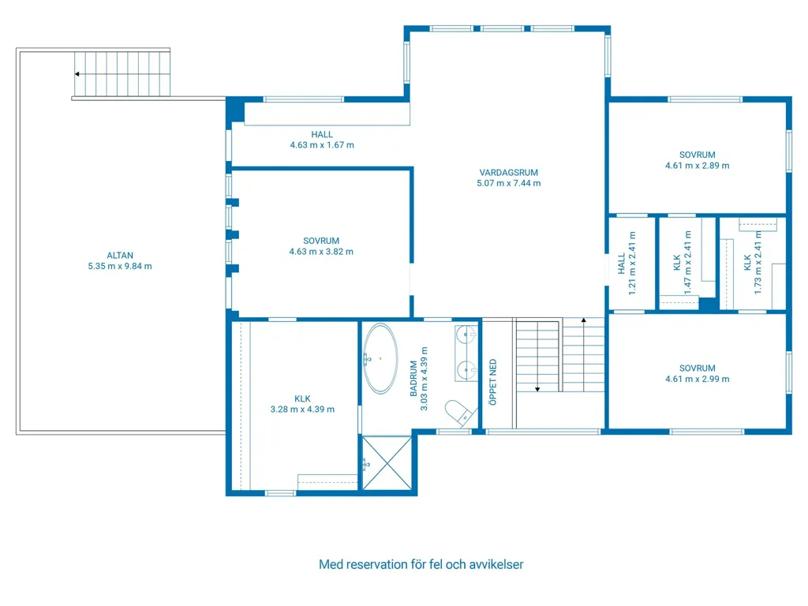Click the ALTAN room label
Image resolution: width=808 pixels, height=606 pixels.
point(120,255)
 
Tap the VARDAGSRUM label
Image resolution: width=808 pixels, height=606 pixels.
point(509,173)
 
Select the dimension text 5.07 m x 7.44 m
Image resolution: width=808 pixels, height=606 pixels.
point(509,183)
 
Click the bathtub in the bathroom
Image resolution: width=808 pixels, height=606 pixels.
point(380,359)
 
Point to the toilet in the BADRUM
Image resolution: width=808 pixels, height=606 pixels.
point(458,412)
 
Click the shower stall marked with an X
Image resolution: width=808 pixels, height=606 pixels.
point(387,463)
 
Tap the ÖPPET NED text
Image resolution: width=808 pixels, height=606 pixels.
point(493,382)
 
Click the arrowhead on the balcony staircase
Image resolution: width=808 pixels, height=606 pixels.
point(77,74)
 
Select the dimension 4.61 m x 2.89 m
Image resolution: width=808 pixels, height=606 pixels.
point(698,166)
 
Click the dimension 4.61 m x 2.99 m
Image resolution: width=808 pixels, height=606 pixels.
point(698,380)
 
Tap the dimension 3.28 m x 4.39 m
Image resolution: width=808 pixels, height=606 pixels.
point(302,410)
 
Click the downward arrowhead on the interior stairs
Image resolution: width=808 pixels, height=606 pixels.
point(537,390)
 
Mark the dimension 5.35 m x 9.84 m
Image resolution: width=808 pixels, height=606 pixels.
point(120,267)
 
